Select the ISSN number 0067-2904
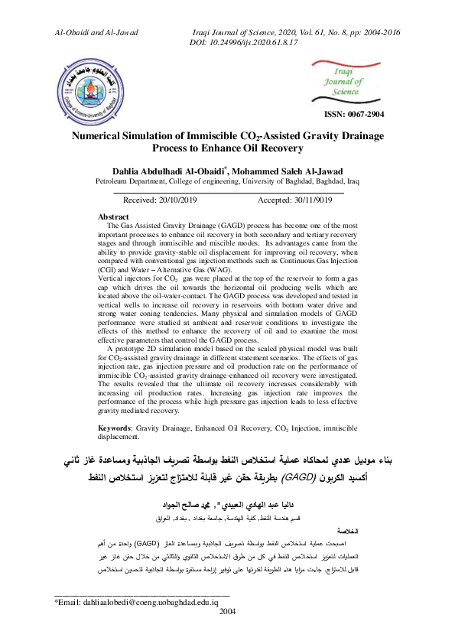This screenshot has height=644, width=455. (x=355, y=115)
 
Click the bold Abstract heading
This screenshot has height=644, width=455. (x=114, y=217)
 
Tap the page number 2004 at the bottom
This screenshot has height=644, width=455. (x=228, y=633)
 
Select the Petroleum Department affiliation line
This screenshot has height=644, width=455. (x=227, y=182)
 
